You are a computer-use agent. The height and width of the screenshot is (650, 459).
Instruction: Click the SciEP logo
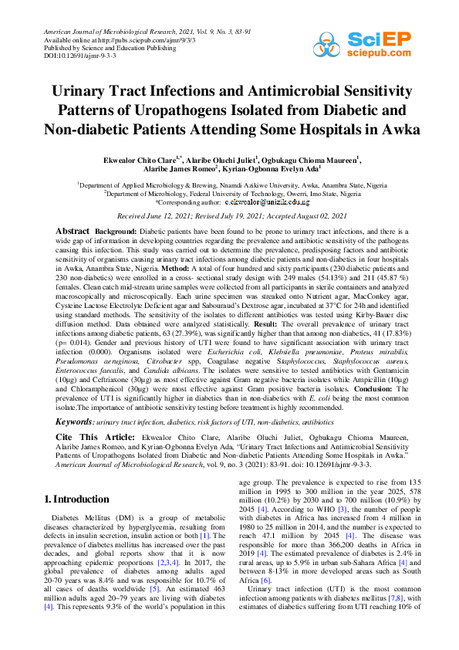pyautogui.click(x=383, y=41)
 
